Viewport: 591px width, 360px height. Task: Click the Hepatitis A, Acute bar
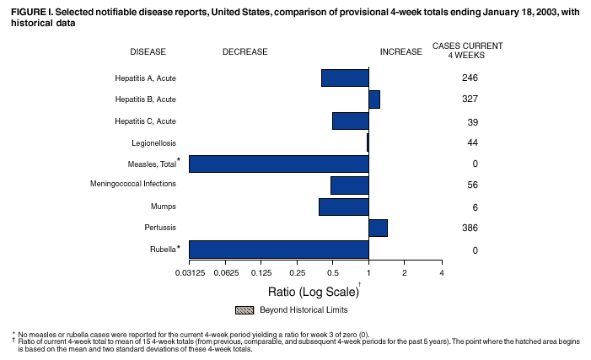coord(345,78)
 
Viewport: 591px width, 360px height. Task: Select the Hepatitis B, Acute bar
coord(374,99)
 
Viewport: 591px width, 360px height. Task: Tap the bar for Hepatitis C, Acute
coord(351,121)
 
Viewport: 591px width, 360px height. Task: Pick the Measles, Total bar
coord(279,164)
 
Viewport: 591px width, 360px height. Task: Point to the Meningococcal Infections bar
coord(350,185)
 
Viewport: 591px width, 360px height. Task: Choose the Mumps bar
coord(344,207)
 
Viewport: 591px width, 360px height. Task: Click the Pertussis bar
coord(379,228)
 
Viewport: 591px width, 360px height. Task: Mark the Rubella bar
coord(279,250)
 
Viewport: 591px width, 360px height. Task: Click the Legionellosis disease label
coord(153,142)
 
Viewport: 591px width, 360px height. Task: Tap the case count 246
coord(470,78)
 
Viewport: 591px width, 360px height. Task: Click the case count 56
coord(472,185)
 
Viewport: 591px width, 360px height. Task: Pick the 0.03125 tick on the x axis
coord(190,271)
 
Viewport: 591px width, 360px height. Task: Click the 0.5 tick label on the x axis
coord(332,271)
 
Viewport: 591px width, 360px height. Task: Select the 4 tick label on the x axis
coord(441,271)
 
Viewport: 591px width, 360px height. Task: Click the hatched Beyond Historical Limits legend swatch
coord(244,310)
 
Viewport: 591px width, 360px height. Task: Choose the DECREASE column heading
coord(244,51)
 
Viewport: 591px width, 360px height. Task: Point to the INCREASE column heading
coord(401,51)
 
